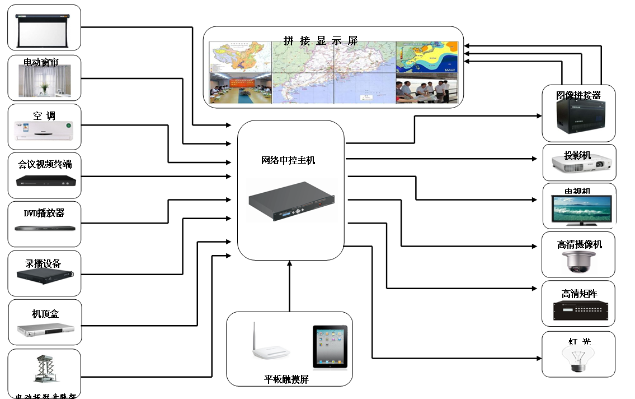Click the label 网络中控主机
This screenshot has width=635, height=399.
coord(288,161)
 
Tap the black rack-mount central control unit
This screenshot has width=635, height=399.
coord(291,200)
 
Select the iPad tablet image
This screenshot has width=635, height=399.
coord(330,346)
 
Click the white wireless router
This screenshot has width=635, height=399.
coord(269,346)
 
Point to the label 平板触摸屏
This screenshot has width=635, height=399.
coord(286,379)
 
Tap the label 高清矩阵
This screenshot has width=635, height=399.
coord(579,294)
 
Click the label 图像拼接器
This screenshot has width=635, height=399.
coord(578,95)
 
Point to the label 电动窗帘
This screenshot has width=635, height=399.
coord(41,61)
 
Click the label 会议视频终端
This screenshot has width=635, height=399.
coord(45,164)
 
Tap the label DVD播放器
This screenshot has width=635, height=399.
coord(44,213)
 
